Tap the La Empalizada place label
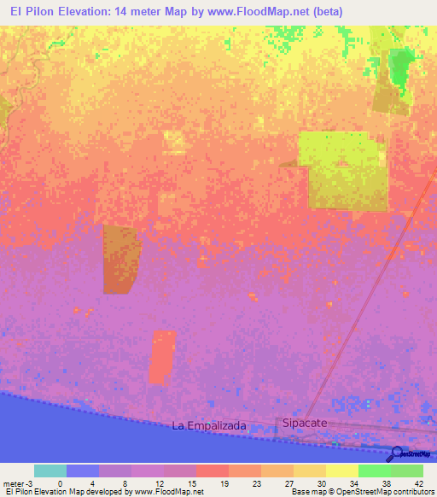tap(209, 424)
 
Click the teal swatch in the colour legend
tap(50, 471)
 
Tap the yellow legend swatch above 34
tap(341, 471)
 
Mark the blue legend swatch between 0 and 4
tap(83, 471)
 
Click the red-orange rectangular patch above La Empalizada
tap(162, 357)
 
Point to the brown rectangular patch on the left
tap(119, 259)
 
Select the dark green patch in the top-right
tap(399, 67)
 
